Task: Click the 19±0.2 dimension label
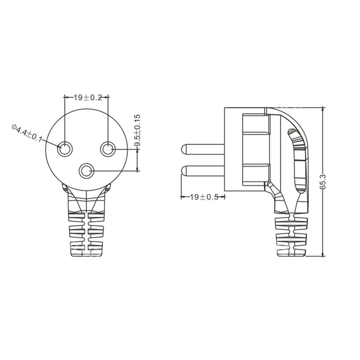point(88,98)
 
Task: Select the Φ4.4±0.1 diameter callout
point(27,133)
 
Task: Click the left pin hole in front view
point(65,149)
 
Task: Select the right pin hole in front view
point(108,149)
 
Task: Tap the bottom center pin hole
point(86,172)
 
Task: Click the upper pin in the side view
point(204,149)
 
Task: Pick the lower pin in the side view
point(204,171)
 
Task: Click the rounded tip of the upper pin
point(183,149)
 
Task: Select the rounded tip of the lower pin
point(183,171)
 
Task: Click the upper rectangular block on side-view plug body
point(256,124)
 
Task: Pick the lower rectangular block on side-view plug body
point(256,174)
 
